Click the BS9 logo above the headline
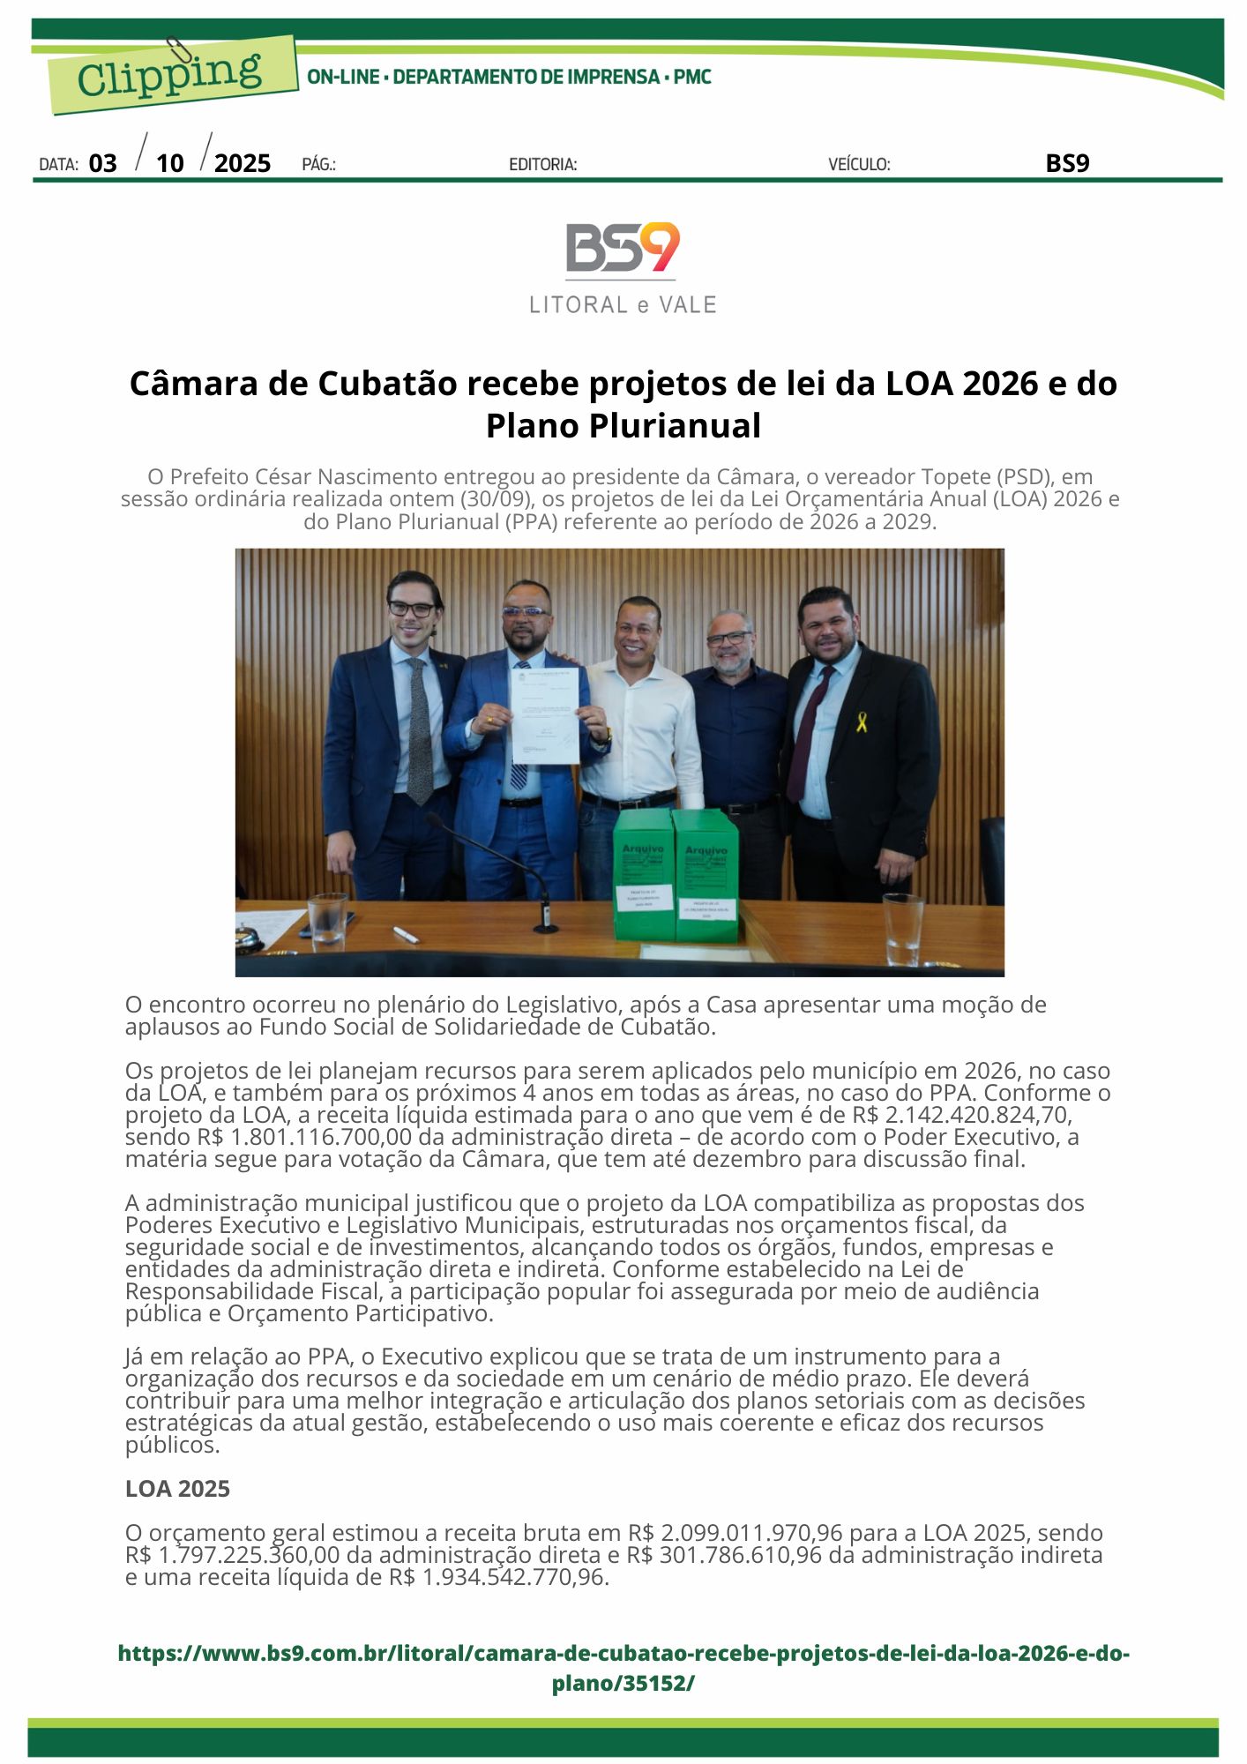(x=623, y=248)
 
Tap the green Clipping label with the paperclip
(x=170, y=74)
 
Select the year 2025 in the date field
(x=243, y=163)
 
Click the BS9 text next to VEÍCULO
(x=1067, y=163)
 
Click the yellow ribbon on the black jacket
(x=862, y=721)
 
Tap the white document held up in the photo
(x=546, y=714)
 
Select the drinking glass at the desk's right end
(x=902, y=930)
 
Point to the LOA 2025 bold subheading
(x=177, y=1489)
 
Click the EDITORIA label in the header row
(x=542, y=164)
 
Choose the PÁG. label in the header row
(x=318, y=164)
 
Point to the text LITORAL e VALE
(x=623, y=305)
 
